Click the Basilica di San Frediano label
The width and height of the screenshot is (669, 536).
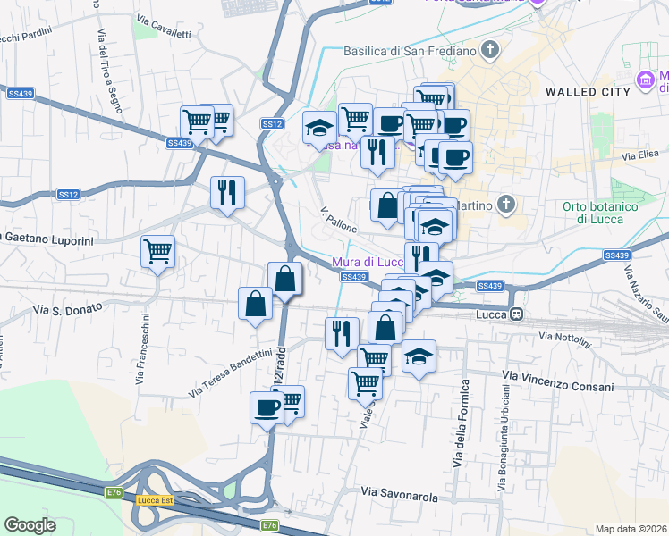[410, 50]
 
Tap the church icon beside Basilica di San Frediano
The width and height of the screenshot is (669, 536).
[489, 50]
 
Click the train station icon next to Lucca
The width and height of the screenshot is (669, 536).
[516, 315]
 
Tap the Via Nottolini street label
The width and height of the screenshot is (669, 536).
[565, 338]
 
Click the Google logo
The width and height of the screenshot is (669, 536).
[30, 525]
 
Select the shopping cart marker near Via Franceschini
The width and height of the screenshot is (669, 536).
[158, 252]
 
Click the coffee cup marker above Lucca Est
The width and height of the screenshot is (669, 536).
[266, 407]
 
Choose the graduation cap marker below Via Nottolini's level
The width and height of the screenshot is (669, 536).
[419, 356]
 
